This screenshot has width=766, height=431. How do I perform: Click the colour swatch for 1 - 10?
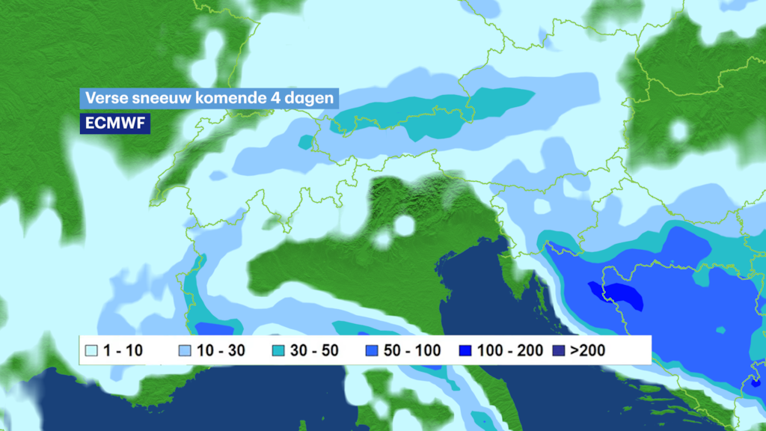pyautogui.click(x=92, y=350)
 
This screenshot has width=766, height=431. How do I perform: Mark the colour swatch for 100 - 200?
pyautogui.click(x=465, y=350)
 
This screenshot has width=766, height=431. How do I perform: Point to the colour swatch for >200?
pyautogui.click(x=557, y=350)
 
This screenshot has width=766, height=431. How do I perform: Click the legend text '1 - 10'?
pyautogui.click(x=122, y=350)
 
